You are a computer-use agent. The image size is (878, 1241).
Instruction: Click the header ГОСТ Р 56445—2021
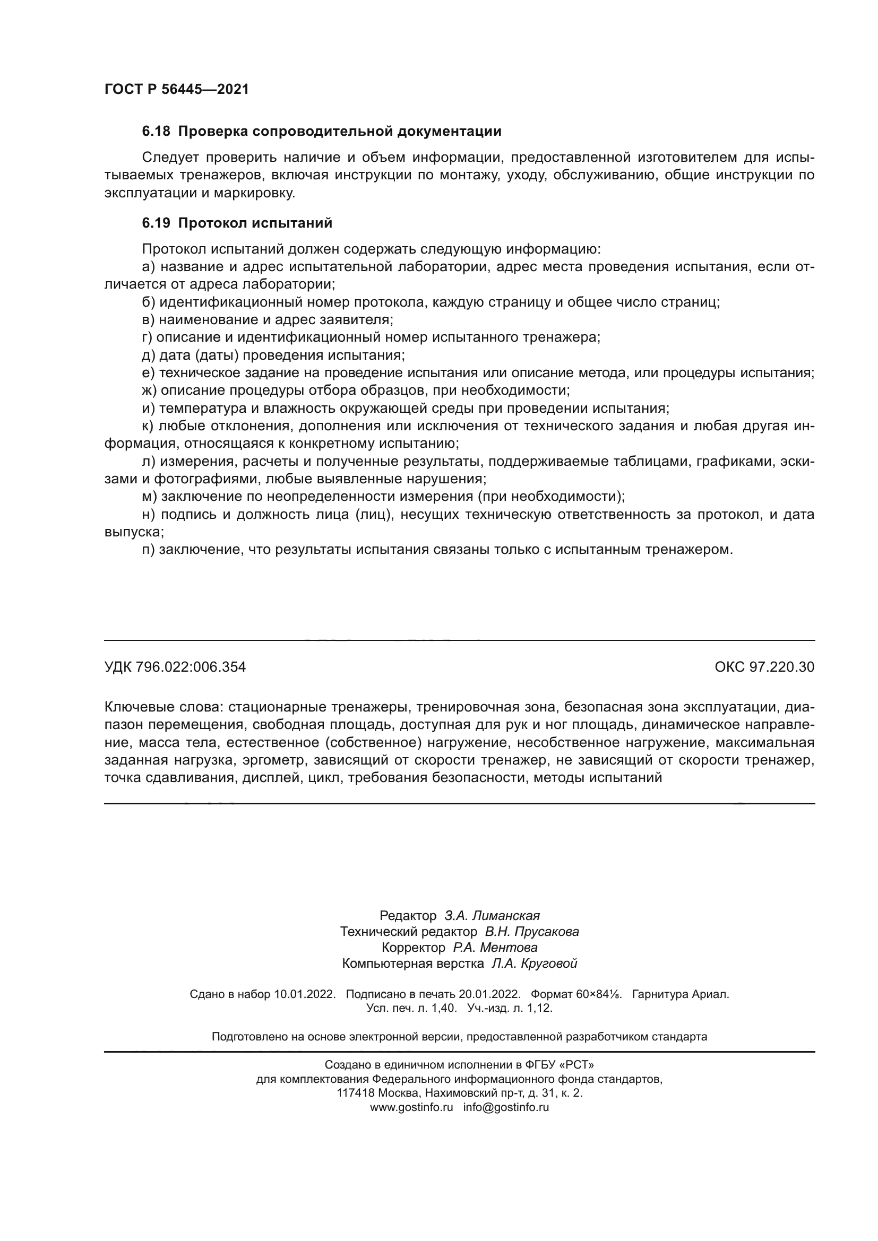[x=176, y=90]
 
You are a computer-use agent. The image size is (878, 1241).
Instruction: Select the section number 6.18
[x=156, y=132]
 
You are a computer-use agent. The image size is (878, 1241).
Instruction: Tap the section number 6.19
[x=156, y=223]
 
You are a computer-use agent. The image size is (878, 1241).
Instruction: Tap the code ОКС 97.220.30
[x=764, y=667]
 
